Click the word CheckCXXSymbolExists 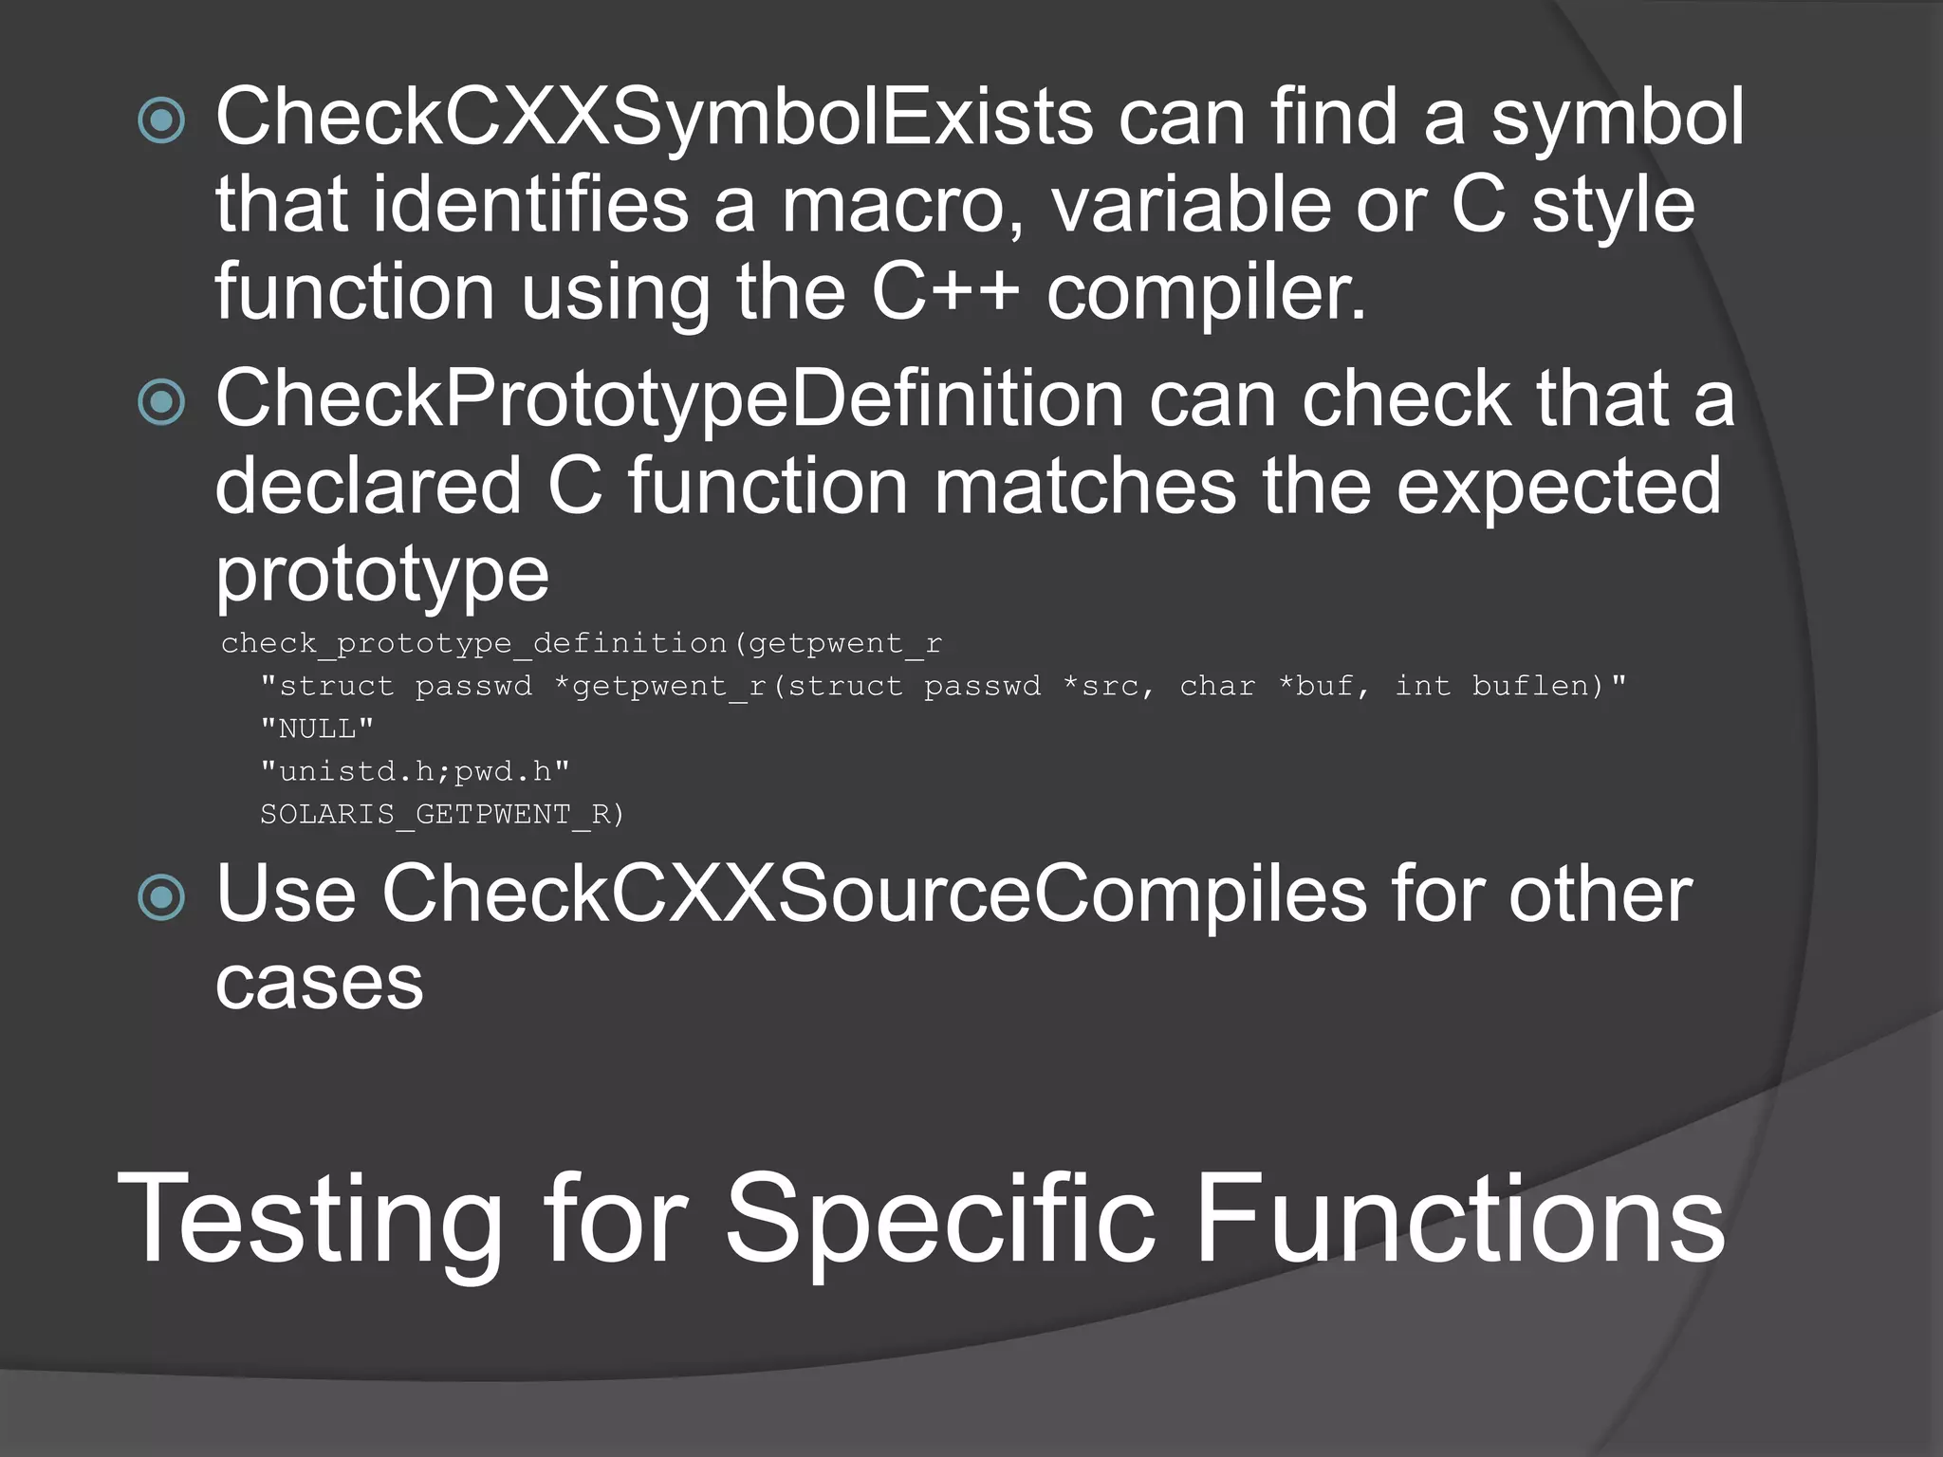(654, 118)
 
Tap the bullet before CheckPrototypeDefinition (161, 401)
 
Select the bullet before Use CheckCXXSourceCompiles (161, 896)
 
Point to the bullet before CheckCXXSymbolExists (161, 120)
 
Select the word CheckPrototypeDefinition (669, 399)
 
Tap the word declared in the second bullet (368, 486)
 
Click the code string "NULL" (317, 728)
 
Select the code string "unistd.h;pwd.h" (415, 771)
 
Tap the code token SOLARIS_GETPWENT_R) (442, 814)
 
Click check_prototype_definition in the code (473, 643)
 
